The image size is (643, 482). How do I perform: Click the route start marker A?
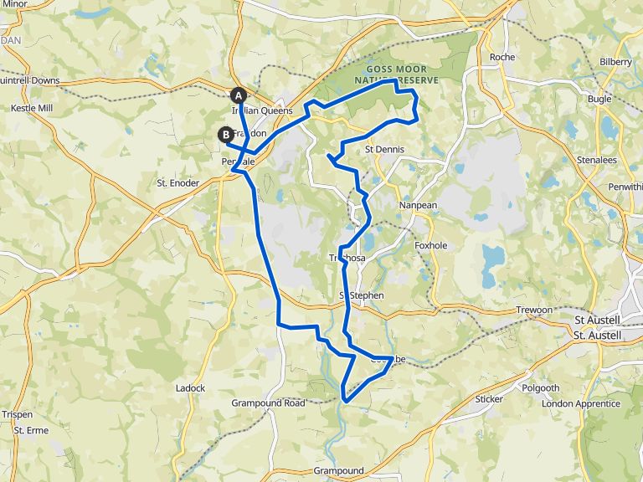[239, 95]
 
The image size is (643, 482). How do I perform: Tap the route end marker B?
[226, 134]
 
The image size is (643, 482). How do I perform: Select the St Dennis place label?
[385, 150]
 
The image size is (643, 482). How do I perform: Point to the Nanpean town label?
[418, 205]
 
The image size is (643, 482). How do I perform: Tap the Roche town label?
[502, 57]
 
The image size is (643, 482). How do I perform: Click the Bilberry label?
[615, 62]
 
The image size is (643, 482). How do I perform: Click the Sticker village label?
[489, 399]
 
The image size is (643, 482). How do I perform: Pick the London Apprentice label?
[581, 403]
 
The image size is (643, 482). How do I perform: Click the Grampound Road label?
[268, 403]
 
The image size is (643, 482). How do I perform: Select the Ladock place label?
[190, 388]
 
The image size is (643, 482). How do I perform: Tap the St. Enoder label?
[178, 182]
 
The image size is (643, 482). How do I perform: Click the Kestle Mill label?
[31, 109]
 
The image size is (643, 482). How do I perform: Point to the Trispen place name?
[17, 414]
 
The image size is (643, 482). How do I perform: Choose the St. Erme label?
[31, 430]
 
